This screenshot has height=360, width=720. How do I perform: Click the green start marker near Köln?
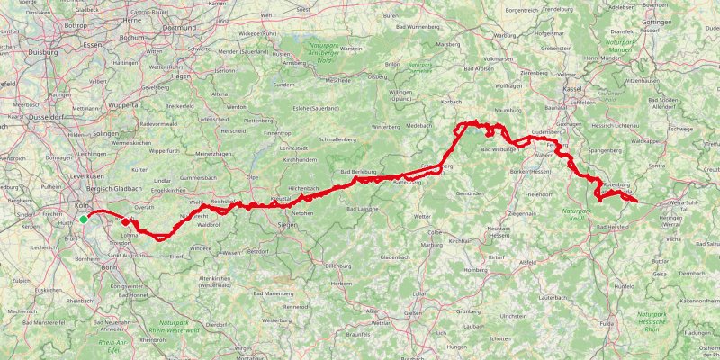pos(84,219)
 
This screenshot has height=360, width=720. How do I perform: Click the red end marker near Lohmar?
pos(126,221)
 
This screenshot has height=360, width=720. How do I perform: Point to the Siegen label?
pos(287,224)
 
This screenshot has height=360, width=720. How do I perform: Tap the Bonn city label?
pos(110,267)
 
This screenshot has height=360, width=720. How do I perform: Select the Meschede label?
pos(338,78)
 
